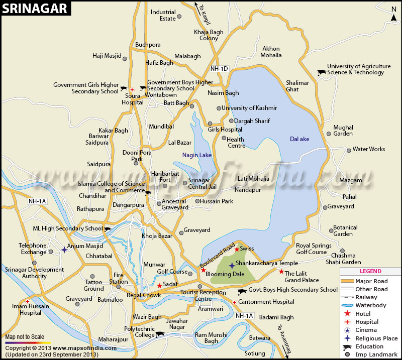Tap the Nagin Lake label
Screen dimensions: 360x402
(x=197, y=155)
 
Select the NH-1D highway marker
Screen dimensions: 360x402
(x=219, y=68)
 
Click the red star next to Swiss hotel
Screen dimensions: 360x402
(x=237, y=249)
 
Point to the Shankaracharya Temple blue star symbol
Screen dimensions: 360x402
(x=231, y=265)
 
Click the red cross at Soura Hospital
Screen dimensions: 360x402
(x=132, y=90)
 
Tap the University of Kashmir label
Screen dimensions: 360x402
(x=249, y=108)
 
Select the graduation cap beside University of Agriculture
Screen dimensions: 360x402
(x=321, y=72)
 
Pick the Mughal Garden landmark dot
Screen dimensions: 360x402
(x=329, y=134)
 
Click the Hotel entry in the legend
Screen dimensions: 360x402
(x=363, y=313)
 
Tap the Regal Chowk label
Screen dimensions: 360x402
(x=143, y=295)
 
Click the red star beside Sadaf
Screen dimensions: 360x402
(x=159, y=286)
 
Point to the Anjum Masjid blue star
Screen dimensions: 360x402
(x=64, y=249)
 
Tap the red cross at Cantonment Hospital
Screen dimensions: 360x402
(x=234, y=302)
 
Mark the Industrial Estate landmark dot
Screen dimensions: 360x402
(x=179, y=19)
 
